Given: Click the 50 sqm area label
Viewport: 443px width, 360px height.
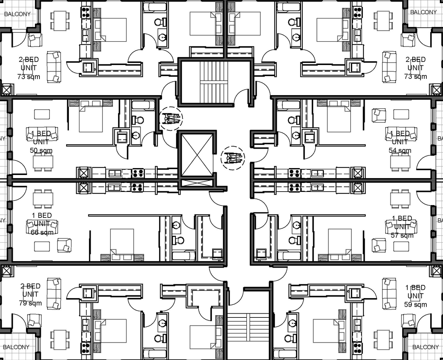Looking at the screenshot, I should click(x=41, y=150).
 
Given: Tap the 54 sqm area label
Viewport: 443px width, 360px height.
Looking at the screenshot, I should click(x=400, y=150).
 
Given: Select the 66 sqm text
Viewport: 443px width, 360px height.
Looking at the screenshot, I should click(x=42, y=232).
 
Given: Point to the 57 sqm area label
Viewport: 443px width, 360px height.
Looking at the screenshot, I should click(x=402, y=236).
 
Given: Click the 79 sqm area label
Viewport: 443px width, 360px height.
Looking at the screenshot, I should click(x=30, y=303).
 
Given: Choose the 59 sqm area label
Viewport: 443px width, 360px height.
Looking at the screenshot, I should click(x=415, y=304).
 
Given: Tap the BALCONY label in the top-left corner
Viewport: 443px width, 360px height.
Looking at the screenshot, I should click(x=17, y=14).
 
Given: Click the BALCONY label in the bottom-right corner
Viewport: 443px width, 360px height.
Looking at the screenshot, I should click(x=425, y=347).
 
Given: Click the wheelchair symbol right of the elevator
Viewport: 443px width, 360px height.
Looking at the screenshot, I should click(x=233, y=158).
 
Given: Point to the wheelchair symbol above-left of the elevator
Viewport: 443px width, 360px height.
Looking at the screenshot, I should click(x=171, y=119).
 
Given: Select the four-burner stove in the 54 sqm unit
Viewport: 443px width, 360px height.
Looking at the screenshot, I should click(x=295, y=173).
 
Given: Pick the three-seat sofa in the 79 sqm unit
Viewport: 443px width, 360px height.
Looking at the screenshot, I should click(x=54, y=293).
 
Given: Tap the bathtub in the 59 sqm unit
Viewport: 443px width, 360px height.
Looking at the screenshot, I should click(x=284, y=353).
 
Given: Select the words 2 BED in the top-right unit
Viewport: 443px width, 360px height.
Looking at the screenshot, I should click(x=415, y=59).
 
